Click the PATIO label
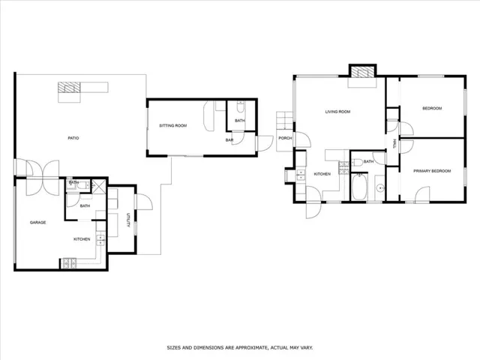pos(73,138)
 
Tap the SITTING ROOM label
pos(173,125)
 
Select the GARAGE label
pos(38,223)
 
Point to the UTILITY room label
pos(128,220)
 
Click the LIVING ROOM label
pos(337,112)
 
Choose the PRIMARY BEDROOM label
pos(432,171)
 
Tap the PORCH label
pos(285,138)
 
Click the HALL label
pos(394,144)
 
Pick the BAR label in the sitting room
pos(229,140)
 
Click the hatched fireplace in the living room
pos(363,72)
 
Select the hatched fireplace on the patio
pos(69,87)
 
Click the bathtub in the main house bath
pos(359,187)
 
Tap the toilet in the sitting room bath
pos(241,106)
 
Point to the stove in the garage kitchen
pos(70,263)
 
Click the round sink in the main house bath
pos(380,187)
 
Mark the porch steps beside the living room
pos(285,120)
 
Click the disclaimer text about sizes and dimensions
pos(240,348)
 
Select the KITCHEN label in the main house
pos(322,174)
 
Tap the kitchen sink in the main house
pos(301,175)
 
